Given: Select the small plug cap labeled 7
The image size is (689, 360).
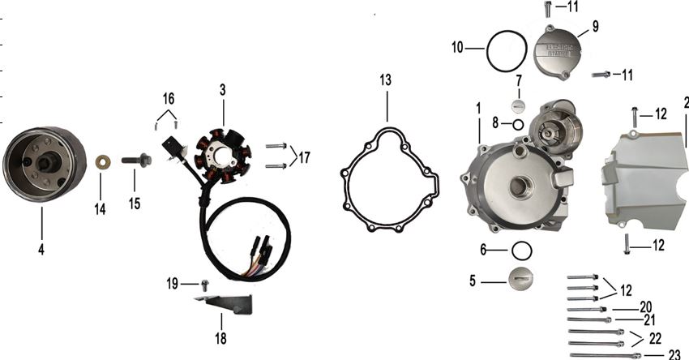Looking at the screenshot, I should [x=520, y=105].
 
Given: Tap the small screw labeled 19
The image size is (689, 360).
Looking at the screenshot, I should [x=205, y=283].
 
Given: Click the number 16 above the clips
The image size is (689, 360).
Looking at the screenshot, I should [x=168, y=98].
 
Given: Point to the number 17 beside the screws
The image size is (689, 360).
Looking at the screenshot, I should [x=304, y=156].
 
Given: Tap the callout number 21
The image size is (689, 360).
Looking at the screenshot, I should [x=649, y=319].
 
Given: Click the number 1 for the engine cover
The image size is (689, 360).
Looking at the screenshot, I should [x=478, y=107].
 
